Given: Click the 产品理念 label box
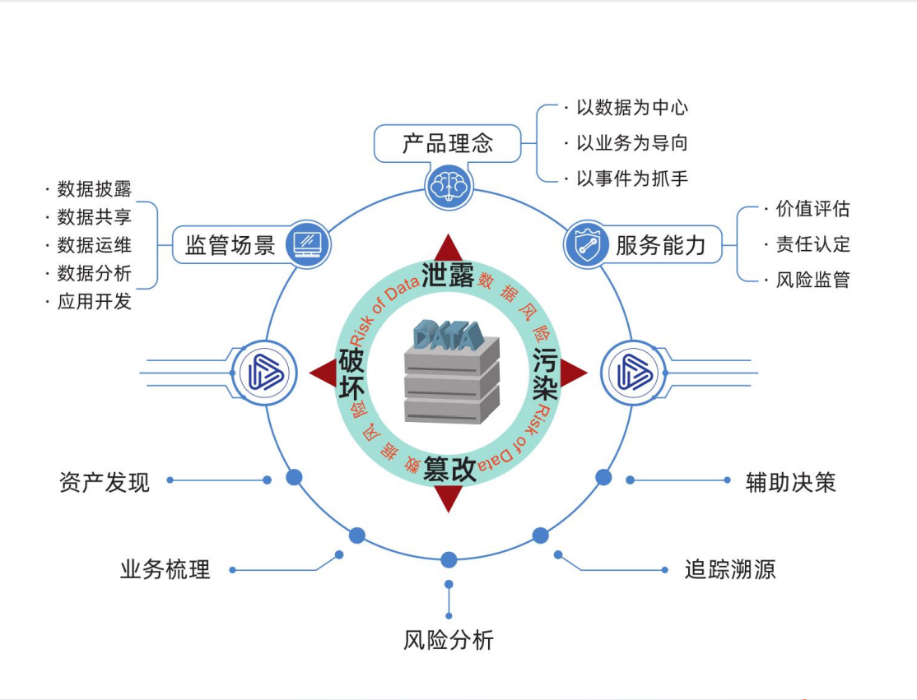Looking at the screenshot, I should coord(448,144).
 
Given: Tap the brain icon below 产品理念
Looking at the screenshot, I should coord(449,187).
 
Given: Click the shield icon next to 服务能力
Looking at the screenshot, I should coord(587,245).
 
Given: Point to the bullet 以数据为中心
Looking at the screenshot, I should coord(631,108).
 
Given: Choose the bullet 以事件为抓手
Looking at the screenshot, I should coord(631,178).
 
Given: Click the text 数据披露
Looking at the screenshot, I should coord(94,189).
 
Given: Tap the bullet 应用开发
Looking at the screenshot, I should coord(94,301).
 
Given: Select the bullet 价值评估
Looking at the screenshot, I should coord(812,209).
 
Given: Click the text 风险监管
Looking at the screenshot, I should coord(812,280).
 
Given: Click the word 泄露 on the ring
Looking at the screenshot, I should coord(449,275).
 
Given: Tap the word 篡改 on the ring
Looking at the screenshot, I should coord(449,470).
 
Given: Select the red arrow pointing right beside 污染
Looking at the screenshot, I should coord(574,373).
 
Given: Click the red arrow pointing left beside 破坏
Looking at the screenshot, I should coord(323,373).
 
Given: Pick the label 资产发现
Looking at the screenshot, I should coord(105,482).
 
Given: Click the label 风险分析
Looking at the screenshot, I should coord(449,641).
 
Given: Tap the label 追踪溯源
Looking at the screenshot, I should coord(730,569).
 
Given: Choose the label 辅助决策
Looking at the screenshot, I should coord(790,482).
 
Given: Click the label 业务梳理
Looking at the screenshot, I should coord(165,569).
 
